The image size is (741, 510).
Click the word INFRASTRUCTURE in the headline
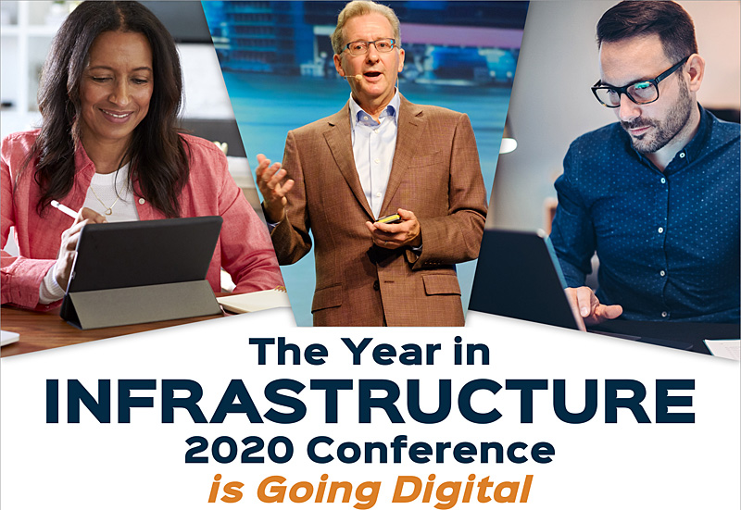coord(370,401)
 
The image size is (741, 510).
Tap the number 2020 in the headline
coord(239,449)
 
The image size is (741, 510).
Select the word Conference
coord(431,449)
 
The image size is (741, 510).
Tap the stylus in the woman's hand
coord(65,210)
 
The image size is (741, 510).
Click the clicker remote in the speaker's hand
coord(388,219)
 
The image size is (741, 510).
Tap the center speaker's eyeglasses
coord(369,45)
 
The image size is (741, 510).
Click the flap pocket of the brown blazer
coord(442,285)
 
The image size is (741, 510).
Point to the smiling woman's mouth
coord(117,115)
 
